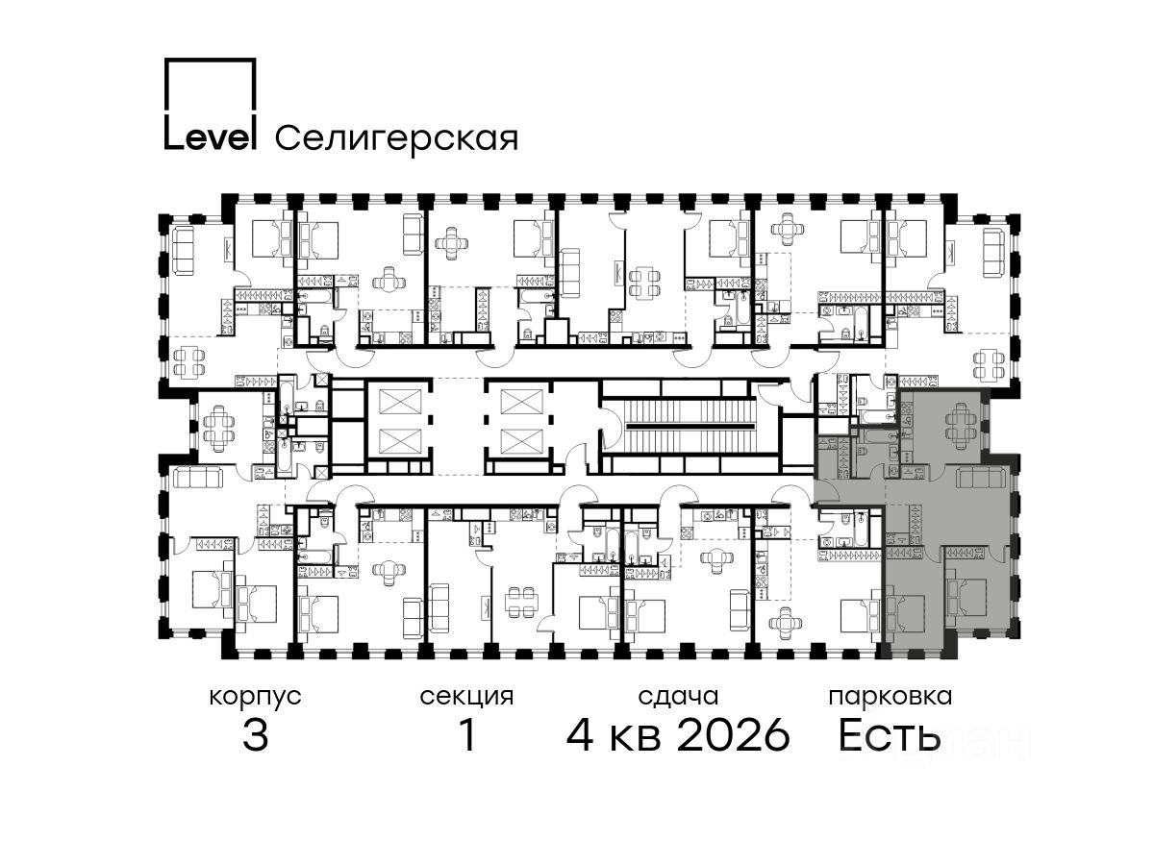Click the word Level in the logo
click(211, 136)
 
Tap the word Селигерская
click(396, 138)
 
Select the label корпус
click(255, 698)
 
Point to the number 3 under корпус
click(256, 735)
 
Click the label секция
click(466, 697)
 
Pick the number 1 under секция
click(468, 735)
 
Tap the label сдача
click(678, 697)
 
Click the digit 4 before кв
click(580, 735)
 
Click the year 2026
click(734, 735)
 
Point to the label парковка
click(891, 698)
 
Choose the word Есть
click(890, 735)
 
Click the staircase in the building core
click(690, 426)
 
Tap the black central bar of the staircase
click(690, 426)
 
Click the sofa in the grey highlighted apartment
click(981, 477)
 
